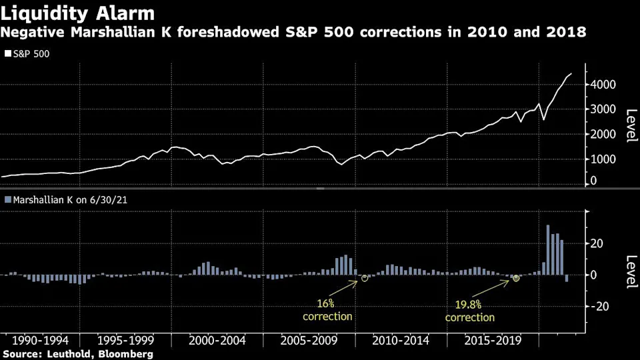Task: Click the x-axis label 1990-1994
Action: click(39, 341)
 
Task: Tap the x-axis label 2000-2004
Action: click(217, 341)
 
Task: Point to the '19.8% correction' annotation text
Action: click(470, 311)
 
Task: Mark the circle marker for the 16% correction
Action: click(365, 278)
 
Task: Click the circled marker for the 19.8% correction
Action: click(516, 278)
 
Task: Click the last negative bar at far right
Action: click(567, 278)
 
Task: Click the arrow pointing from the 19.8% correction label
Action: click(495, 288)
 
